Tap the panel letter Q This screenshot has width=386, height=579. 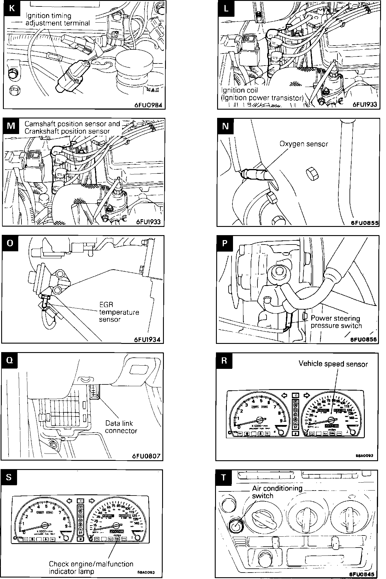(x=9, y=360)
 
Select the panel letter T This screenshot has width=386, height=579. (x=224, y=478)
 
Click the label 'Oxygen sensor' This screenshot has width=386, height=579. (x=303, y=144)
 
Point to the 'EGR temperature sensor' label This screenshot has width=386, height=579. (x=119, y=312)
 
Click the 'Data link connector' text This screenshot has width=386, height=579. (x=121, y=427)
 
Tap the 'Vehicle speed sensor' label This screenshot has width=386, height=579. (x=333, y=364)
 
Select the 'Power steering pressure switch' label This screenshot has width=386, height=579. (x=336, y=322)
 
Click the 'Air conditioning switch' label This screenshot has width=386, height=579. (x=277, y=492)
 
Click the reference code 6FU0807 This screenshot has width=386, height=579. (x=146, y=456)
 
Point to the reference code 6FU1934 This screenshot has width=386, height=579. (x=147, y=339)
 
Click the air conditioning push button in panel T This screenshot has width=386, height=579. (x=236, y=525)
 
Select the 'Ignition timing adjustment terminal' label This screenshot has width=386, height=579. (x=57, y=19)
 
